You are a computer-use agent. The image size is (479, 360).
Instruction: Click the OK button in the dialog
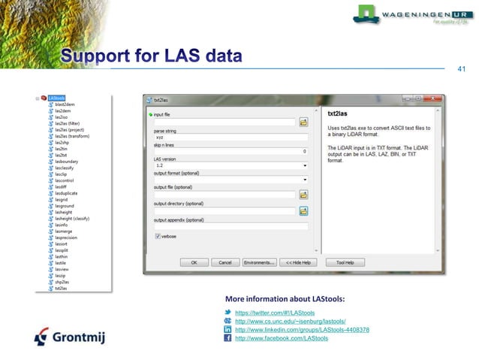pos(194,262)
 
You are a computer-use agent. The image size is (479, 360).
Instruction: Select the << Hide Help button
pos(298,262)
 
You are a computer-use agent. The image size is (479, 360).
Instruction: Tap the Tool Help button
pos(350,262)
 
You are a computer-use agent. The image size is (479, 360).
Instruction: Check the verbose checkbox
pos(157,236)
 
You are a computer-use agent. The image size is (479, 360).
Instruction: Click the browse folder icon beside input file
pos(304,121)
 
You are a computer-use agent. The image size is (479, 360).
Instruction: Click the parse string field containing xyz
pos(230,138)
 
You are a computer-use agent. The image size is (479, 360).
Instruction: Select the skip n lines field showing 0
pos(230,151)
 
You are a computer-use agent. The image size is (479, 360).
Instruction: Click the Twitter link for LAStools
pos(274,312)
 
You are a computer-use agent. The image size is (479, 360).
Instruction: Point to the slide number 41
pos(462,69)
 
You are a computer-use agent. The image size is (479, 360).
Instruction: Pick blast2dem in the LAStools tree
pos(65,104)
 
